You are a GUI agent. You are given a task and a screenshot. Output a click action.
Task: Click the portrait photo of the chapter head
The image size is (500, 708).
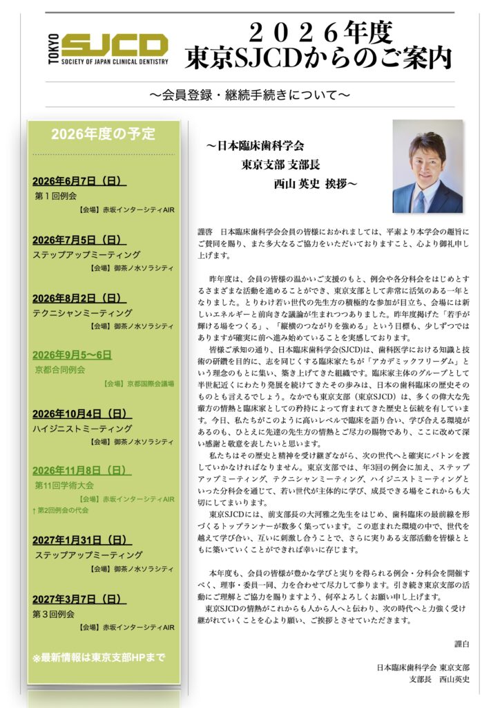pyautogui.click(x=427, y=167)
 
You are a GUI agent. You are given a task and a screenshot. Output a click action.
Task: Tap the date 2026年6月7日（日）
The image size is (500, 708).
pyautogui.click(x=79, y=181)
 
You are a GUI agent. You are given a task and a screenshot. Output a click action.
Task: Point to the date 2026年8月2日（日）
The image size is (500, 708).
pyautogui.click(x=79, y=298)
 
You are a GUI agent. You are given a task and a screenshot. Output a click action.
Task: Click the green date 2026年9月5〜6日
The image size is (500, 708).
pyautogui.click(x=72, y=355)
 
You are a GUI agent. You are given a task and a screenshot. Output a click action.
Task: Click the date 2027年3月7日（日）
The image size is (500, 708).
pyautogui.click(x=79, y=599)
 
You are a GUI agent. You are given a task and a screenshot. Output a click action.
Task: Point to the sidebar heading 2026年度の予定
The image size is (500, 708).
pyautogui.click(x=104, y=134)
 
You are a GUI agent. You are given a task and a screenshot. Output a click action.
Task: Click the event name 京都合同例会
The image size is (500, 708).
pyautogui.click(x=60, y=370)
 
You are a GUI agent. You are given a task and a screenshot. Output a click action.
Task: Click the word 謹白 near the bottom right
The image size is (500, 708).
pyautogui.click(x=462, y=644)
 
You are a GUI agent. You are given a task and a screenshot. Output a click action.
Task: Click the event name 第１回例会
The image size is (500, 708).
pyautogui.click(x=55, y=196)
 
